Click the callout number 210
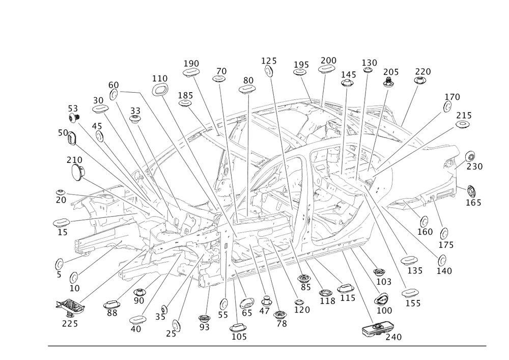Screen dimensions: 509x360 click(75, 159)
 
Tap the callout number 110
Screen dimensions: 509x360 click(160, 78)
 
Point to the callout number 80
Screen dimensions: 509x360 click(248, 80)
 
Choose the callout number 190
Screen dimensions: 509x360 click(191, 63)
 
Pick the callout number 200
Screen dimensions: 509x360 click(328, 60)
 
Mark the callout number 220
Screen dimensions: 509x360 click(422, 72)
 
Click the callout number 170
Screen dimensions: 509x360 click(452, 97)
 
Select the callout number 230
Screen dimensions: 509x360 click(476, 167)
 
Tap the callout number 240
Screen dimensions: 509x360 click(393, 337)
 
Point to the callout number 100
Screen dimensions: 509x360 click(384, 310)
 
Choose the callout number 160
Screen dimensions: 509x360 click(425, 232)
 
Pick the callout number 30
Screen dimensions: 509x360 click(98, 100)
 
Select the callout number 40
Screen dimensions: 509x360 click(135, 329)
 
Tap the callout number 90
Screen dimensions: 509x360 click(138, 301)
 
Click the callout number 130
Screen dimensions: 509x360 click(370, 62)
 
